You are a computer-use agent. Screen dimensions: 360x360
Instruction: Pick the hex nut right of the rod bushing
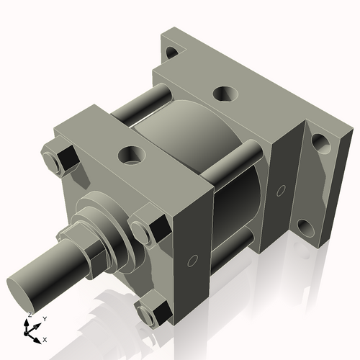(148, 228)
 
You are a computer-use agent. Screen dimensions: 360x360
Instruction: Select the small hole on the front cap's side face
(192, 259)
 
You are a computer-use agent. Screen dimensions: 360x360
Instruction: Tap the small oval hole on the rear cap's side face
(281, 190)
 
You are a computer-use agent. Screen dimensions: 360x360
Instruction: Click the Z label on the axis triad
(30, 315)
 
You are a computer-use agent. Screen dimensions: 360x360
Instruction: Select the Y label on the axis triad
(45, 318)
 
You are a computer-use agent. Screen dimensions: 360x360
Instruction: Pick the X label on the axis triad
(45, 338)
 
